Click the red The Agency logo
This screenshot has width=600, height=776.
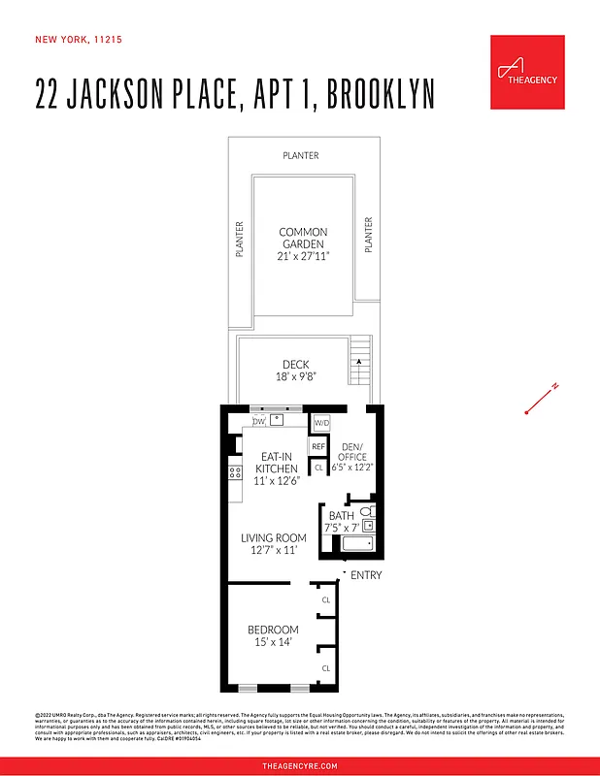[526, 71]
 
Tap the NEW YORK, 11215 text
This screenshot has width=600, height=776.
[79, 40]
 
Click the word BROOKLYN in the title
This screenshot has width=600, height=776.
[381, 95]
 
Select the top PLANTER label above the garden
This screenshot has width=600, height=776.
[300, 155]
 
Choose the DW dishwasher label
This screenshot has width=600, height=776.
[258, 422]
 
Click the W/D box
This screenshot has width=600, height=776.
[321, 423]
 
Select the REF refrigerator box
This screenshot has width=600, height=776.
[317, 446]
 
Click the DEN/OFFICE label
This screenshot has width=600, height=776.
[350, 456]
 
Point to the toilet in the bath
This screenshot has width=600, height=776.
[366, 511]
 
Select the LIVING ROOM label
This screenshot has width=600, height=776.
[273, 544]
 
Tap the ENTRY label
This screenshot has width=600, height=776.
[366, 576]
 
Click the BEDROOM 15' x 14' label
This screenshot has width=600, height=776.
[272, 636]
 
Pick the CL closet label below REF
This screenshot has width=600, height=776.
[318, 467]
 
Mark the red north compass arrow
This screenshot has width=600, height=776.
[540, 400]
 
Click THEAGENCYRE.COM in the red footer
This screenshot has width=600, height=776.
[300, 765]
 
